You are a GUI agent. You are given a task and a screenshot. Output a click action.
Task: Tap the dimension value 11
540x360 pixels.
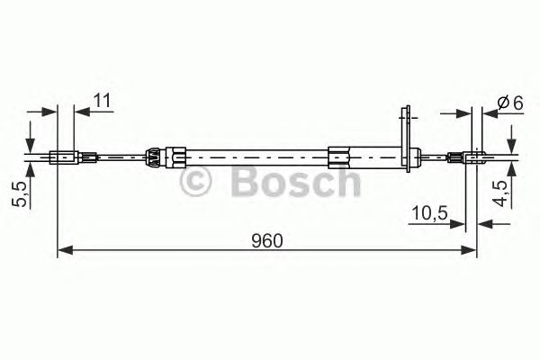[x=102, y=101]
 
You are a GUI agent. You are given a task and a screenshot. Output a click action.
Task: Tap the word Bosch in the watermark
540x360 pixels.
[x=296, y=182]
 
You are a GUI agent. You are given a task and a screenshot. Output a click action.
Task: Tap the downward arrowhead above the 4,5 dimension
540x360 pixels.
[x=510, y=143]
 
